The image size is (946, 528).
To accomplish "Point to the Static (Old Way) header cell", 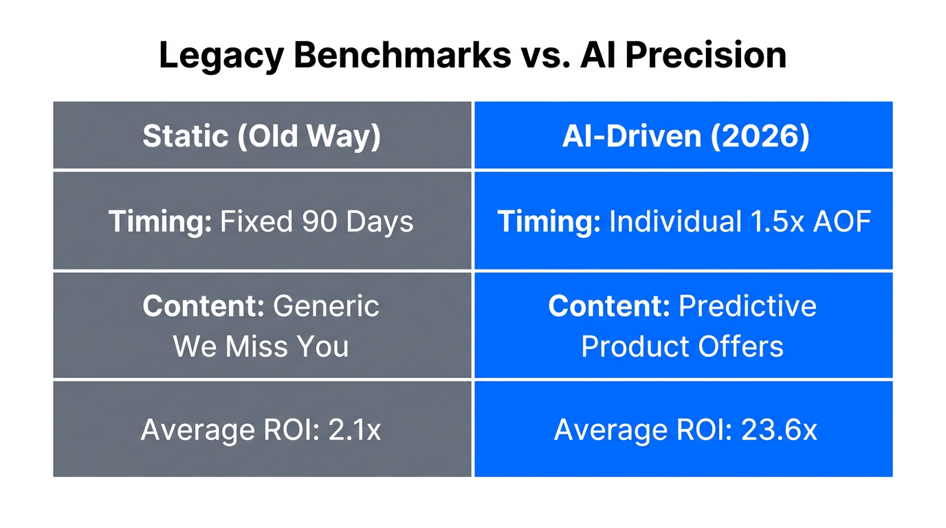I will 261,136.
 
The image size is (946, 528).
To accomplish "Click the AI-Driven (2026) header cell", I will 683,136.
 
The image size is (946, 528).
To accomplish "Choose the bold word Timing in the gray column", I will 159,221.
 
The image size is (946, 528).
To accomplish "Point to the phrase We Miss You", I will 261,346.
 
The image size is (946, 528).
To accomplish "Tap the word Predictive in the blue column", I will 747,306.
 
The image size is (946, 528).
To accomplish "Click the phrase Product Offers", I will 682,346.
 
